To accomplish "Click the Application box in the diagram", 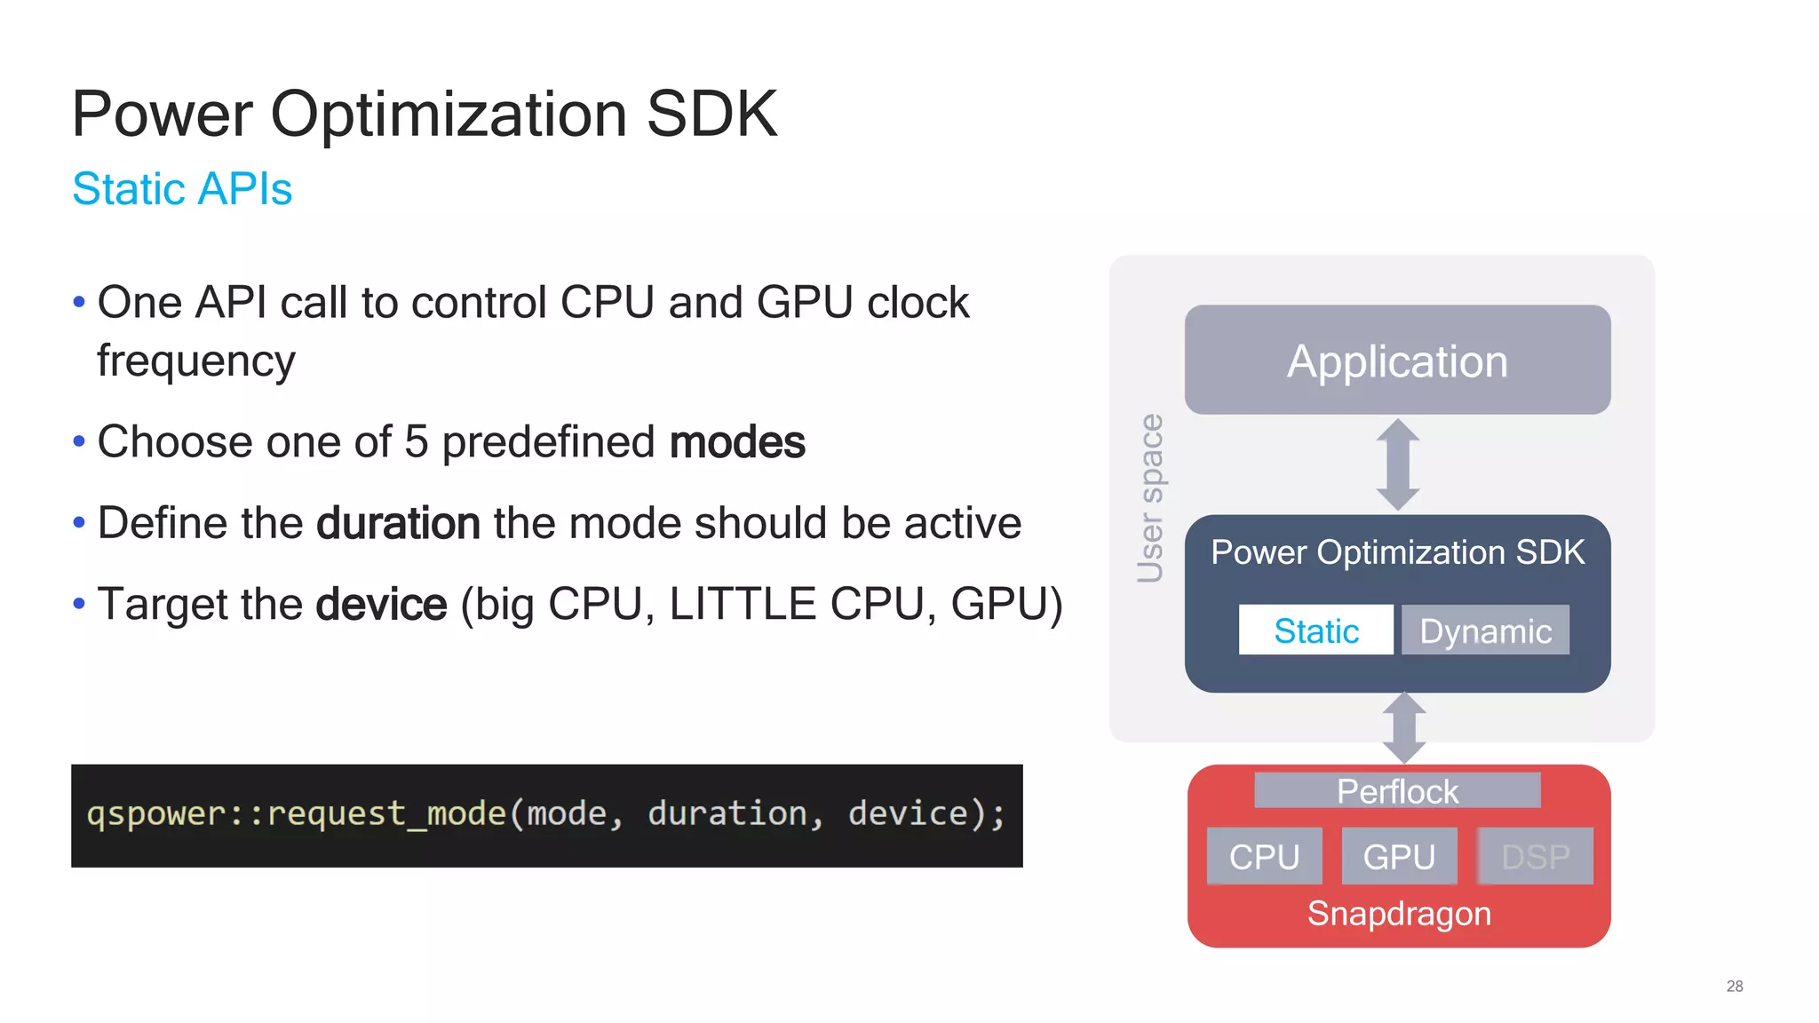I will [x=1397, y=361].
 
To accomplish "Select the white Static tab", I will [x=1315, y=630].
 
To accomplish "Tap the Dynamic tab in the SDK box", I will [x=1485, y=630].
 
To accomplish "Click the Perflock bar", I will [x=1397, y=790].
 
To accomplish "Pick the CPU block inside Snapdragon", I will [x=1264, y=856].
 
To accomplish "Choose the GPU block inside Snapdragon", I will [x=1399, y=856].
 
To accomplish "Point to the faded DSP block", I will [x=1535, y=856].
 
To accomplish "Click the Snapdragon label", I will [x=1399, y=914].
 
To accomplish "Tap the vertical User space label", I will [x=1150, y=498].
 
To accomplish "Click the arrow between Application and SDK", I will [x=1398, y=464].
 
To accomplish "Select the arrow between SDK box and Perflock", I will [x=1404, y=727].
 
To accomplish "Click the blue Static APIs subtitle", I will [x=182, y=189].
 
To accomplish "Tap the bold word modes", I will [x=737, y=442].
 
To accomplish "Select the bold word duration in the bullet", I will [x=399, y=523].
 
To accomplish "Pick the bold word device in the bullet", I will [x=382, y=605].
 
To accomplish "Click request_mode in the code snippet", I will [x=385, y=813].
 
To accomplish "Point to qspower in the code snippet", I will [x=156, y=813].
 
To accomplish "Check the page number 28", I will [x=1734, y=986].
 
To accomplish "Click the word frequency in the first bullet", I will [x=196, y=361].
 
